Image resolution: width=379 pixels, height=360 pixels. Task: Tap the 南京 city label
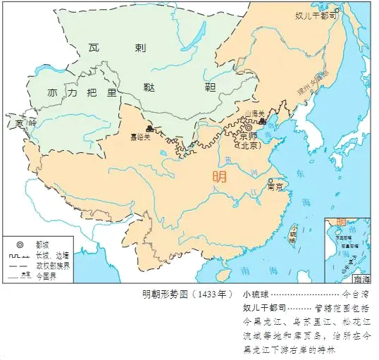pyautogui.click(x=276, y=187)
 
